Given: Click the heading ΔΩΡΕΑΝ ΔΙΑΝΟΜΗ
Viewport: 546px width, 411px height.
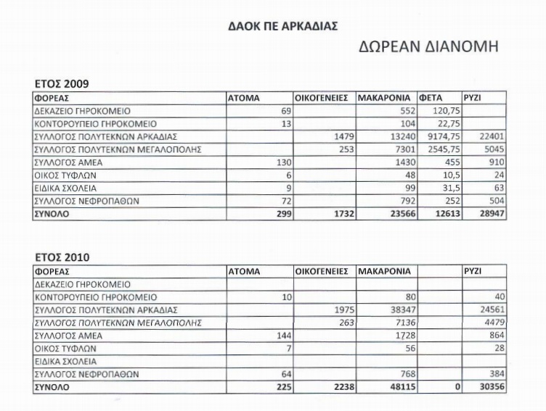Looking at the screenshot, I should click(x=428, y=49).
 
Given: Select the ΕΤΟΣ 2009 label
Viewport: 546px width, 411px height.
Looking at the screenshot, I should click(x=62, y=84).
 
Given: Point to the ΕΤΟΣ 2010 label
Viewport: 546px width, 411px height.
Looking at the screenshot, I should click(x=62, y=257).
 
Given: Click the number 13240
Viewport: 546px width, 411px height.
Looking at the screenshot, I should click(x=400, y=136).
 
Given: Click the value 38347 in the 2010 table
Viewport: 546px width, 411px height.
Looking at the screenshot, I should click(x=400, y=310).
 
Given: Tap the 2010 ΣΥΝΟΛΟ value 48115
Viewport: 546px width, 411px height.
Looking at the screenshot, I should click(x=400, y=388).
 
